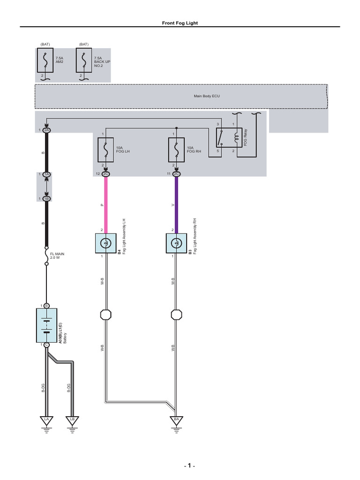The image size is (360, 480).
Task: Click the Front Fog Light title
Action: click(180, 23)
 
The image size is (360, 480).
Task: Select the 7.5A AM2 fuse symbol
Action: click(45, 60)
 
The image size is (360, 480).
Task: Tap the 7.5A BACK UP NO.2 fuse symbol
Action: click(84, 60)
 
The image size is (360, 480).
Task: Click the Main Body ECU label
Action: click(207, 96)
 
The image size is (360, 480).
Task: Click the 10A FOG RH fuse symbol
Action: click(176, 150)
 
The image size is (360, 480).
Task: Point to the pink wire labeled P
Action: click(106, 204)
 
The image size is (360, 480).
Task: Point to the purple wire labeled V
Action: click(176, 204)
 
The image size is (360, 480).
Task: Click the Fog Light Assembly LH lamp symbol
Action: click(106, 243)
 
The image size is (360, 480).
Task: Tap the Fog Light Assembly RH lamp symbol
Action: click(176, 243)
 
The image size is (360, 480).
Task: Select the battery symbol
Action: click(46, 325)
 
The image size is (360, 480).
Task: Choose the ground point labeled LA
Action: click(46, 419)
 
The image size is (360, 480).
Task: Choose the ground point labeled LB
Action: click(72, 419)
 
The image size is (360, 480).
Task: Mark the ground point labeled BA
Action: click(176, 419)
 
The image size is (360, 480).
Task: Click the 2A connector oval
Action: click(46, 130)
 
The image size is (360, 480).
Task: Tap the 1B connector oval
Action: click(46, 199)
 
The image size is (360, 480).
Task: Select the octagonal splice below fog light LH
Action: click(106, 314)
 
